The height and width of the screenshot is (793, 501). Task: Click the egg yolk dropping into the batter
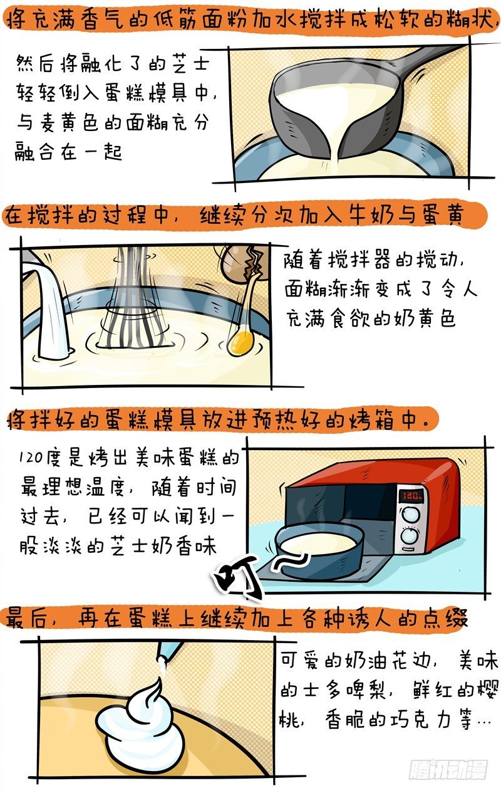click(240, 341)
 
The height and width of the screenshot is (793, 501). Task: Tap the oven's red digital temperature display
click(410, 495)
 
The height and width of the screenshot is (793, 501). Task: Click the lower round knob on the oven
click(409, 536)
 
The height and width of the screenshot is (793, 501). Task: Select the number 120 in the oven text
click(31, 456)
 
